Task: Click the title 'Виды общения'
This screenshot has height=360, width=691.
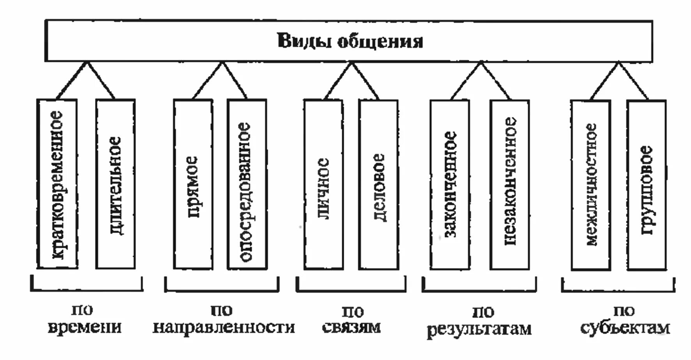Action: click(350, 41)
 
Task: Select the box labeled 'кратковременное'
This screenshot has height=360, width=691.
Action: click(57, 184)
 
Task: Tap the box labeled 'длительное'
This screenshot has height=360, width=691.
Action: click(115, 184)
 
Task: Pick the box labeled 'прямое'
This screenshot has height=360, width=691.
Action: click(193, 184)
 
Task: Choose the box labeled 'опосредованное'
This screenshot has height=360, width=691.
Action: click(247, 184)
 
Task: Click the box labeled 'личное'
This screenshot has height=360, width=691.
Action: click(323, 184)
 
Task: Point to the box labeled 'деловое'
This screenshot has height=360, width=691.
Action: click(378, 184)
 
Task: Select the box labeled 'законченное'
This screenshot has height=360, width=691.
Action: click(450, 184)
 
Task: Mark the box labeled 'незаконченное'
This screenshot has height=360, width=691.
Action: click(510, 184)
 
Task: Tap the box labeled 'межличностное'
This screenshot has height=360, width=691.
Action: click(591, 184)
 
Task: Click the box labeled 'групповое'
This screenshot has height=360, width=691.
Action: click(647, 184)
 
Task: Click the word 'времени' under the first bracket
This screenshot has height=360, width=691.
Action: click(85, 327)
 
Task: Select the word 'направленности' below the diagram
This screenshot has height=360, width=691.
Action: click(223, 327)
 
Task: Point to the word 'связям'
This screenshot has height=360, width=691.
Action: click(352, 327)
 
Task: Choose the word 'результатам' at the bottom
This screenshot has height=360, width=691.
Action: click(479, 329)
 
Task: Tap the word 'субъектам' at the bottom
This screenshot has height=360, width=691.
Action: click(625, 328)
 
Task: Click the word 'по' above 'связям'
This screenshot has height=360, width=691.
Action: click(353, 311)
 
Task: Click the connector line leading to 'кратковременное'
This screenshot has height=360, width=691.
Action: click(72, 80)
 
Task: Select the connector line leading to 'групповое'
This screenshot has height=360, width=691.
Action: click(633, 80)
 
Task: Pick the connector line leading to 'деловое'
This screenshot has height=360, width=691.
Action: click(365, 80)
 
